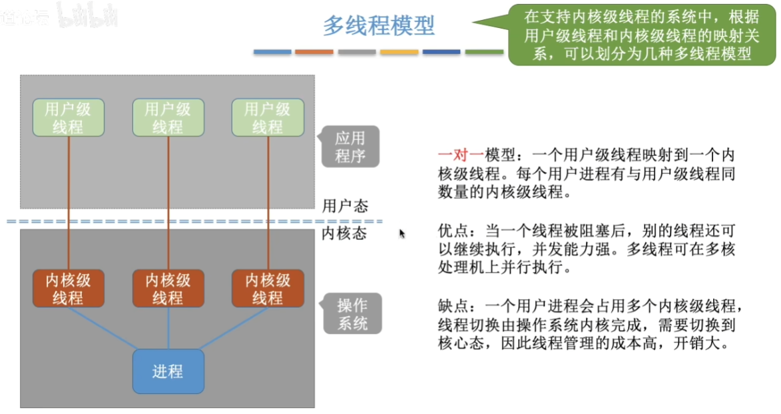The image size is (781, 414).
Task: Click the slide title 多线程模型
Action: tap(379, 25)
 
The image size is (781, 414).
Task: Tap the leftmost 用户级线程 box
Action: tap(68, 118)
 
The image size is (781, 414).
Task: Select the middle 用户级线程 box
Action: tap(168, 118)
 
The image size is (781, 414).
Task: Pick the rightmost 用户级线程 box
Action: tap(268, 118)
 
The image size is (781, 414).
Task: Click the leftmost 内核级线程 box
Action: tap(68, 289)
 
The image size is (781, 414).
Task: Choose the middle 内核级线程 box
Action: tap(168, 289)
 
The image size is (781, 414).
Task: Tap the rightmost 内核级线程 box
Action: tap(268, 289)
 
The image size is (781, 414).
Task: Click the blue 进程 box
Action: tap(168, 371)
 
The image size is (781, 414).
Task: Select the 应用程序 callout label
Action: tap(350, 147)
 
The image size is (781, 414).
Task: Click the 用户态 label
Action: tap(345, 205)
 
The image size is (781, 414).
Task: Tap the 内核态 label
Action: tap(345, 234)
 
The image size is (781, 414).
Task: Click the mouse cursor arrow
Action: tap(401, 233)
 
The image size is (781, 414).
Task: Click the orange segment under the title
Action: tap(314, 52)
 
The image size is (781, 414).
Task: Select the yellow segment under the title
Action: tap(399, 52)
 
